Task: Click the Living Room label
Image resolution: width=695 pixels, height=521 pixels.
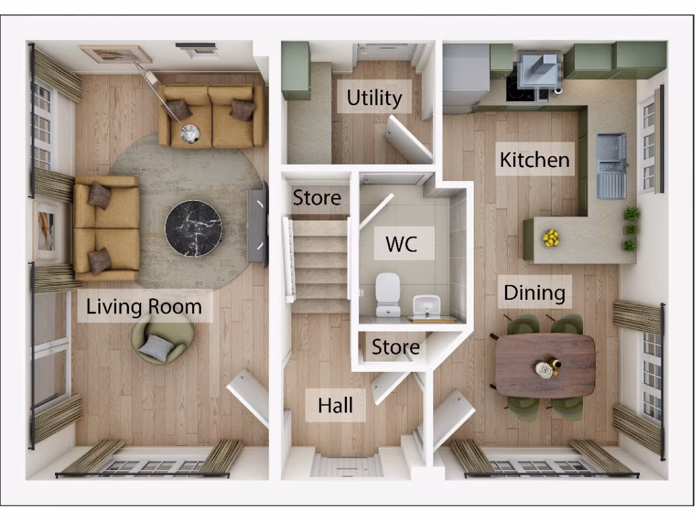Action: tap(144, 307)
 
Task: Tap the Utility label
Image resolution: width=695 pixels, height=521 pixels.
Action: tap(374, 98)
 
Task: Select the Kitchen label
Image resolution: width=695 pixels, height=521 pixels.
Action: tap(534, 160)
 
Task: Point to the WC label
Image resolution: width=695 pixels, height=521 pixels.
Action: tap(401, 244)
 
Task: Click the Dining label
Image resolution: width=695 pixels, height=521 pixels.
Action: tap(534, 293)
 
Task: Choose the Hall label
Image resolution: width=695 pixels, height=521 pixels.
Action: tap(336, 405)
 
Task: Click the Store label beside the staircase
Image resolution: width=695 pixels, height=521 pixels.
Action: tap(317, 198)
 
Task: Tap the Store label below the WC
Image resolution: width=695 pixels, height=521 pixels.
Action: tap(396, 348)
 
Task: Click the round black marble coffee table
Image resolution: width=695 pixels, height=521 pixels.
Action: tap(193, 228)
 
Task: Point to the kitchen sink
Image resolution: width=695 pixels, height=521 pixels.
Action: tap(610, 165)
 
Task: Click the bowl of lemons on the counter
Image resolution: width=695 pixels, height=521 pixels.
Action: tap(550, 237)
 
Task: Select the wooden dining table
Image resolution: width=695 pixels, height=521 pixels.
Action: tap(545, 365)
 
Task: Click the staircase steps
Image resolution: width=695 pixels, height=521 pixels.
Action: tap(320, 265)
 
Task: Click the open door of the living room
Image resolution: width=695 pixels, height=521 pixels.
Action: tap(248, 399)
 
